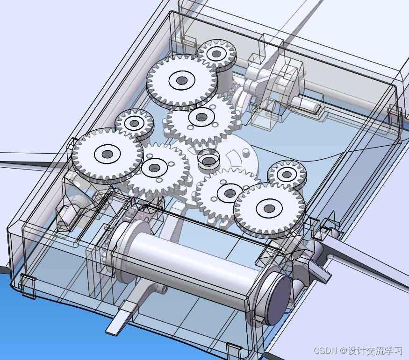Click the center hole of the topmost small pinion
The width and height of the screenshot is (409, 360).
215,54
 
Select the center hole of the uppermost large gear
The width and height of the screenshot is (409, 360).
181,80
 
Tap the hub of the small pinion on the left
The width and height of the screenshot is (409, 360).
134,123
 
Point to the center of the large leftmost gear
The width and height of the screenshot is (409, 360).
107,154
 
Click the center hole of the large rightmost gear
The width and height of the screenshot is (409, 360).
269,208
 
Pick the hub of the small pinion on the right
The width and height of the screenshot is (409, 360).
287,174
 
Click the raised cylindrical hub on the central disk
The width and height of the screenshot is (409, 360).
208,159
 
